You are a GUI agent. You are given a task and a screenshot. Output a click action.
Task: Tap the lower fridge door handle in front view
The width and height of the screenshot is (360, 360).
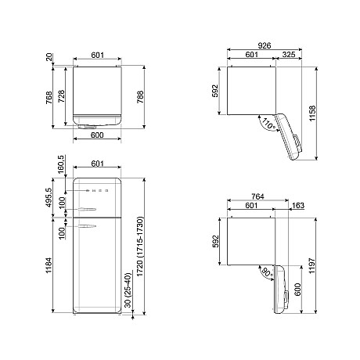tap(88, 226)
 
